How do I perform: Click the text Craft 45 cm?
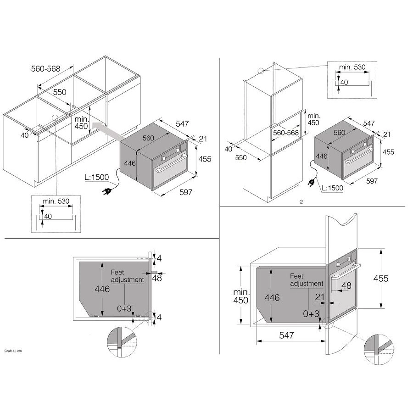click(x=13, y=351)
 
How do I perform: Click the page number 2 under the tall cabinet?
click(x=301, y=202)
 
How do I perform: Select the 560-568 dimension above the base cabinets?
click(x=45, y=69)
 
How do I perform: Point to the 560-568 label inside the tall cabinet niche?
click(x=286, y=133)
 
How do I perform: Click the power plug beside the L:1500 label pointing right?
click(x=312, y=182)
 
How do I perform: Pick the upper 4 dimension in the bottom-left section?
click(x=159, y=258)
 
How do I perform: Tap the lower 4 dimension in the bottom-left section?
click(x=159, y=317)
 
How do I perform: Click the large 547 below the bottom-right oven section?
click(x=286, y=335)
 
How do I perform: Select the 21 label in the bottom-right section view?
click(x=319, y=297)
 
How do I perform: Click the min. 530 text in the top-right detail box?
click(x=352, y=67)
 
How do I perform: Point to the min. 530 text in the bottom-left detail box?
click(x=56, y=201)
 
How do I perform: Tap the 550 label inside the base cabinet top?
click(x=60, y=92)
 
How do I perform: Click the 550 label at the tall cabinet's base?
click(x=241, y=158)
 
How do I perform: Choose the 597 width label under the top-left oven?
click(x=186, y=192)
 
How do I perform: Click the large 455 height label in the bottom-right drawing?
click(x=381, y=279)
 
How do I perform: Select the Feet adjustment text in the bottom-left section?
click(x=128, y=276)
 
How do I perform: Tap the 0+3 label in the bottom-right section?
click(x=311, y=314)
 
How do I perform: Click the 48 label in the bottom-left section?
click(x=157, y=278)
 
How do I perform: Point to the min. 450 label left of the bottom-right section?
click(x=241, y=296)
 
